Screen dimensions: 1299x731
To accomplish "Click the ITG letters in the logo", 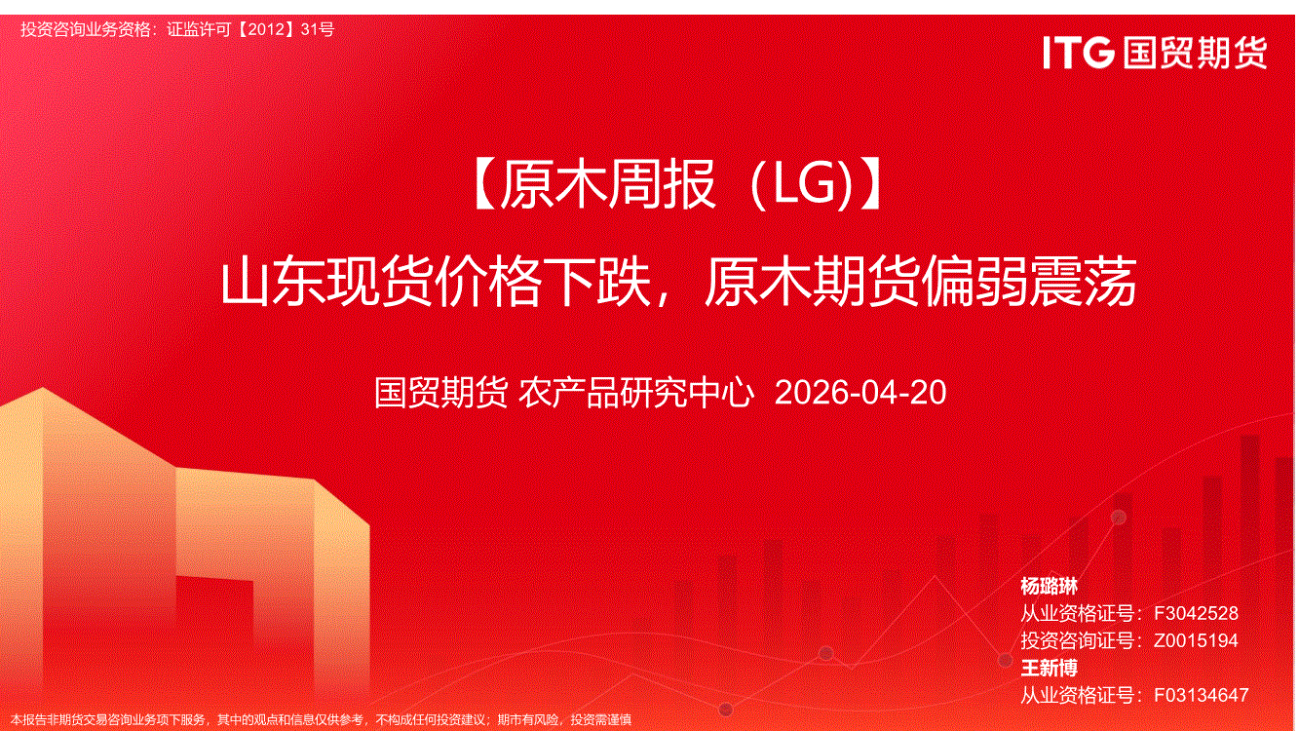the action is (1079, 53).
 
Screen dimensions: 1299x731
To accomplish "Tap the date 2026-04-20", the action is (860, 393).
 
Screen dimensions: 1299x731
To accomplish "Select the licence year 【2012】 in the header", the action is (267, 29).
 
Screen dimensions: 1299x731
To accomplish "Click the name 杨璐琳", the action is (1050, 587).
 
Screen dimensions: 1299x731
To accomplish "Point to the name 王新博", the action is (1050, 669).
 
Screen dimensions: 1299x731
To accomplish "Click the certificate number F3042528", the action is (1197, 613).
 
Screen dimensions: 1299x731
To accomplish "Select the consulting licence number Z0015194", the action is (1197, 640).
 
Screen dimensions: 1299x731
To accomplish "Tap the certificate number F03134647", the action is (1202, 695).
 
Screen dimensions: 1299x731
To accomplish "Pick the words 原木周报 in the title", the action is (607, 184).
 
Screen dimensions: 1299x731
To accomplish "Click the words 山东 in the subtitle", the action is (273, 282).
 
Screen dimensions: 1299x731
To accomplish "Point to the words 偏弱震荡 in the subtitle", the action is (1030, 282).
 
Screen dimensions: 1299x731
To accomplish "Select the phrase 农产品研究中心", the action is (636, 393).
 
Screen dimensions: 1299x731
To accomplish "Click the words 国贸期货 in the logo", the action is (1195, 53).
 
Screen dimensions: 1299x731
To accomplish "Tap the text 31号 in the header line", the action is (318, 29).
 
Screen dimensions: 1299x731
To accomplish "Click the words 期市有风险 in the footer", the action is (528, 720).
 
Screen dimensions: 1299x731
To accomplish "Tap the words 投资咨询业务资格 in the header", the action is (86, 29).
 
